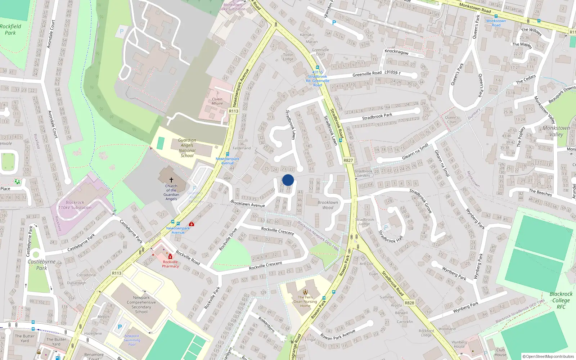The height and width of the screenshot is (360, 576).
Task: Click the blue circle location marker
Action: [288, 180]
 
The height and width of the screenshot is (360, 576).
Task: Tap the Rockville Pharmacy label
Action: [170, 264]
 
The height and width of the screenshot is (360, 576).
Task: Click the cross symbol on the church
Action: [171, 180]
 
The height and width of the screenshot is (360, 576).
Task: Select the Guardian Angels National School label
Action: [187, 148]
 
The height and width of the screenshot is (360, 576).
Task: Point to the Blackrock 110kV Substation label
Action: [75, 205]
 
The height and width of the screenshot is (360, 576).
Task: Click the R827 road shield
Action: [348, 161]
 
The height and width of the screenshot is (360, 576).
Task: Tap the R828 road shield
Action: [409, 303]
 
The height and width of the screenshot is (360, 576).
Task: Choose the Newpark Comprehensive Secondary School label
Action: [141, 305]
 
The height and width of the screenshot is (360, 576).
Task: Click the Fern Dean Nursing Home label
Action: [305, 302]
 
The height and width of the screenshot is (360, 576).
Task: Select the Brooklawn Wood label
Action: [328, 205]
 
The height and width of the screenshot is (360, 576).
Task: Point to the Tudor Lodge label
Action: [288, 57]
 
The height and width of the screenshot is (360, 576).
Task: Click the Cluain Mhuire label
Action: [217, 101]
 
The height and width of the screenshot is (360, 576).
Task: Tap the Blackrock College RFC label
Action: [561, 300]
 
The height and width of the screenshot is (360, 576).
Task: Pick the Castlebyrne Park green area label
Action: [42, 265]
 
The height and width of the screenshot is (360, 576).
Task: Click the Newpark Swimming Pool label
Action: [132, 340]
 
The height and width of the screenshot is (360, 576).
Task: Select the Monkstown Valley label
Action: [556, 131]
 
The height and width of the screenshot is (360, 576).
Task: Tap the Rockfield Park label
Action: [10, 30]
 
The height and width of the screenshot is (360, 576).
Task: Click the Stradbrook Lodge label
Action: [364, 221]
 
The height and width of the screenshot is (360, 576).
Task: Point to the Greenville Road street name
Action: [367, 73]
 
